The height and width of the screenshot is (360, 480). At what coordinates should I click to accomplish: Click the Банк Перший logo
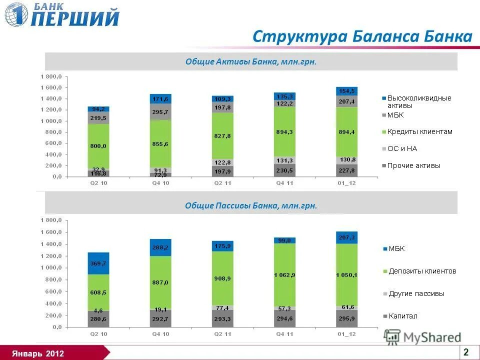tap(62, 15)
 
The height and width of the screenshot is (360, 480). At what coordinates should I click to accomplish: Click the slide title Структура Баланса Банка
tap(362, 36)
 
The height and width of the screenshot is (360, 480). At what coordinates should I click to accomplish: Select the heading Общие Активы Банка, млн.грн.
tap(251, 61)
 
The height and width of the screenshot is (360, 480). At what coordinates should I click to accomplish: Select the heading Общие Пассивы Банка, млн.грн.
tap(251, 205)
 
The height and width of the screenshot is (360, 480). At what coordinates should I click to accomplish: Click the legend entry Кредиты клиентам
tap(419, 131)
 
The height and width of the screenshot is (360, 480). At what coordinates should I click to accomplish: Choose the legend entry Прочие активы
tap(413, 165)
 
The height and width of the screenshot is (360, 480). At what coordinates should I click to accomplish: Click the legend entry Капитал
tap(402, 316)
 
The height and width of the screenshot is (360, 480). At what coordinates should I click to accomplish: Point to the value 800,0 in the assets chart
tap(98, 146)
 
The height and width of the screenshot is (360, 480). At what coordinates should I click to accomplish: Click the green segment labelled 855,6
tap(160, 144)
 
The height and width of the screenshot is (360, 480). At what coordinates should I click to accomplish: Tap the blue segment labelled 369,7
tap(98, 263)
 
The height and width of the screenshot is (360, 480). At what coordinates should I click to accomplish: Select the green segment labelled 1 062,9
tap(284, 275)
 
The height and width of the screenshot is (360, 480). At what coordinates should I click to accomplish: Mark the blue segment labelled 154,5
tap(346, 91)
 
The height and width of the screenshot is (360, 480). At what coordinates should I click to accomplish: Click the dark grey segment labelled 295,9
tap(346, 318)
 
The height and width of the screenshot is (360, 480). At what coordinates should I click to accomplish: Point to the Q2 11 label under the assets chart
tap(222, 183)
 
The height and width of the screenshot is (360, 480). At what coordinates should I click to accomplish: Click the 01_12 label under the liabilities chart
tap(346, 334)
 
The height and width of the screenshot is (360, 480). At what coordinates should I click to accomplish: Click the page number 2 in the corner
tap(466, 352)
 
